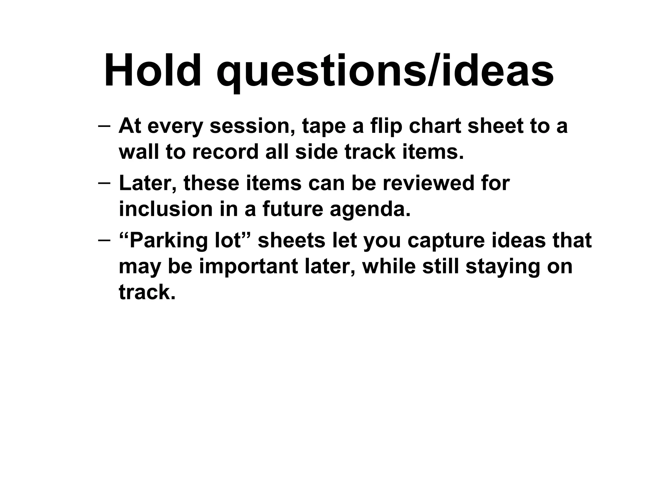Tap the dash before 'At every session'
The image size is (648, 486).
point(104,126)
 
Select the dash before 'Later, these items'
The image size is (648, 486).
point(104,183)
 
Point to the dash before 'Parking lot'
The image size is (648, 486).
point(104,240)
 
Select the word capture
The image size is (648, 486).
point(446,241)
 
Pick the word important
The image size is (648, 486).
point(249,266)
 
